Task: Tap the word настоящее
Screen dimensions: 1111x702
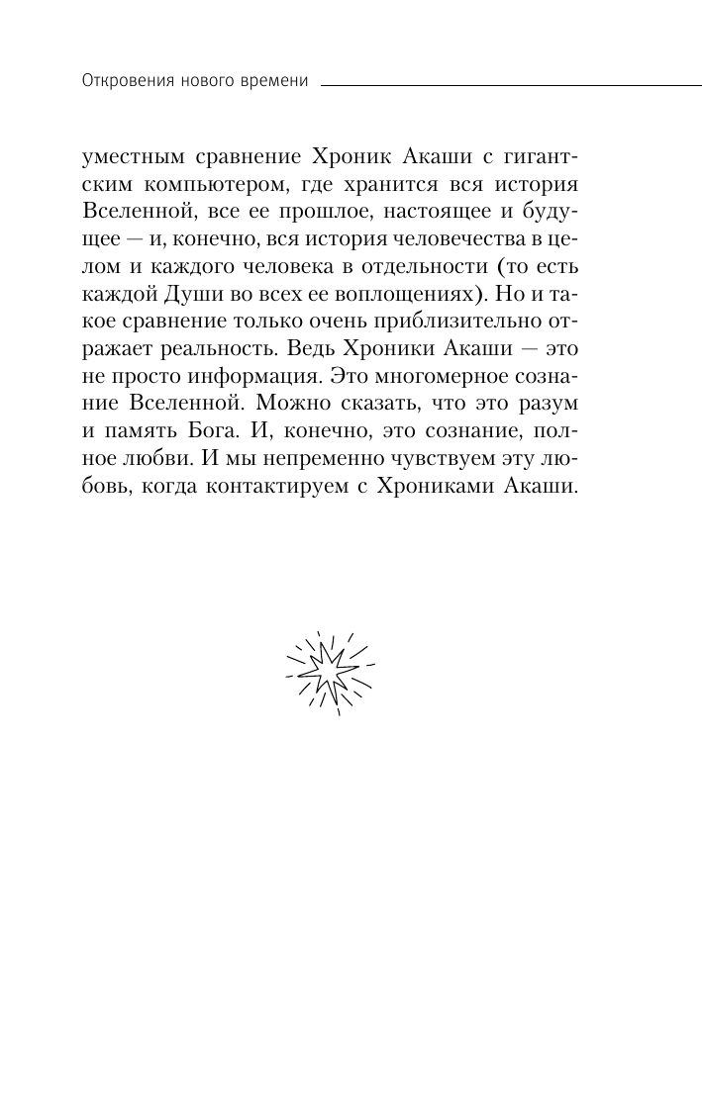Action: [453, 216]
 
